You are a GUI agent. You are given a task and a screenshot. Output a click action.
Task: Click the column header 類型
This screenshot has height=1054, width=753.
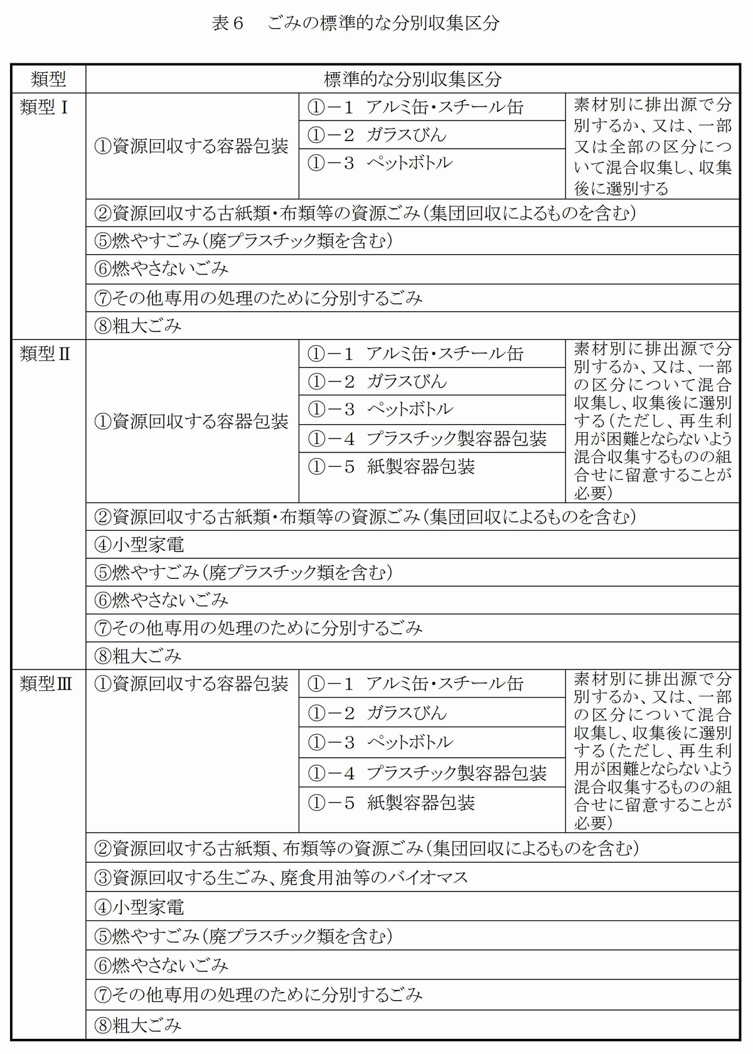(x=48, y=79)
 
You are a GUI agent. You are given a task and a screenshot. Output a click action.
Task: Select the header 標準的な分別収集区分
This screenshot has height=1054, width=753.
(x=412, y=79)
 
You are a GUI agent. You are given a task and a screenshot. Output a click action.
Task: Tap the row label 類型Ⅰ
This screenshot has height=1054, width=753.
(x=44, y=107)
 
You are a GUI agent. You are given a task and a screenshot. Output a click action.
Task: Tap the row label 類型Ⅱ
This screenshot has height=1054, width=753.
(x=45, y=354)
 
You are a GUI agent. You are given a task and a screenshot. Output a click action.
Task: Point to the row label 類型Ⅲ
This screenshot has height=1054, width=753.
(x=46, y=683)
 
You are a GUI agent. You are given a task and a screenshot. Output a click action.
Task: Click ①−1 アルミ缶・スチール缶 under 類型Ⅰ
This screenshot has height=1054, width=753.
(x=415, y=107)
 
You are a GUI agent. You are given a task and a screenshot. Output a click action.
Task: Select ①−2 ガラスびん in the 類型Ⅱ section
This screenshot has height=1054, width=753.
(x=377, y=381)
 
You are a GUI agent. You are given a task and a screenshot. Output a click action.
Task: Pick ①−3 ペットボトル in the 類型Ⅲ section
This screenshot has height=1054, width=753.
(x=380, y=742)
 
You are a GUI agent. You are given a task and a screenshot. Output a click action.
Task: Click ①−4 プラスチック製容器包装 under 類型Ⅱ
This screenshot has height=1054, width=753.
(x=427, y=439)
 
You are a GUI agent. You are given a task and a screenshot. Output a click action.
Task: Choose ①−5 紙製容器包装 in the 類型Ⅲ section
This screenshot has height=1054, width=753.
(x=392, y=802)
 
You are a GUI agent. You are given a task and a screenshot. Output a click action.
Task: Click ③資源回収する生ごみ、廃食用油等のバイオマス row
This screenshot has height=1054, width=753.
(x=281, y=877)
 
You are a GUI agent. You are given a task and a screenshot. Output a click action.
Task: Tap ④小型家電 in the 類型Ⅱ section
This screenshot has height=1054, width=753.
(x=139, y=545)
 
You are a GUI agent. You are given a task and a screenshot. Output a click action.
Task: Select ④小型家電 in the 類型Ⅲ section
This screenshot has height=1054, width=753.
(x=139, y=907)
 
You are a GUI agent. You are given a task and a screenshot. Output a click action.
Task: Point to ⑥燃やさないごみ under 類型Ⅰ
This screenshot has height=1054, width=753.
(x=161, y=269)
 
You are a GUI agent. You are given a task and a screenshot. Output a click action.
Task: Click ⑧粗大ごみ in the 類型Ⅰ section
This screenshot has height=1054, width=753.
(x=138, y=326)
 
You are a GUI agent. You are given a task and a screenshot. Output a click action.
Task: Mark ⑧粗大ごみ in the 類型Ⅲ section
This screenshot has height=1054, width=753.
(x=138, y=1025)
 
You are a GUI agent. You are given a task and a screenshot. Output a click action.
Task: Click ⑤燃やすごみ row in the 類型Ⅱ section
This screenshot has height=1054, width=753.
(x=243, y=572)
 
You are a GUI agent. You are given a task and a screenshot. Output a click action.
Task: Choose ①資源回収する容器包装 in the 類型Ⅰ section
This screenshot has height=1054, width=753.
(x=191, y=146)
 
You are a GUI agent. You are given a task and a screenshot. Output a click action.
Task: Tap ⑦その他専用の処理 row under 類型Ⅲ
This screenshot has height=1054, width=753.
(x=259, y=994)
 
